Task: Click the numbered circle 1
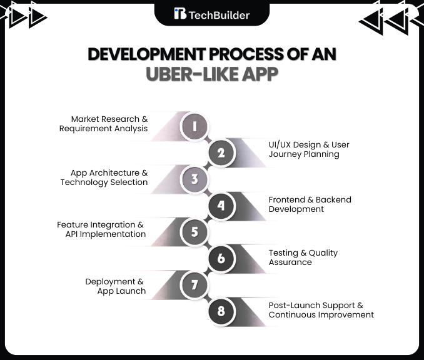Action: [194, 127]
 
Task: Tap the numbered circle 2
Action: [221, 153]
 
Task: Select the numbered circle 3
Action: [194, 180]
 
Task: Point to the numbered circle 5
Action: [194, 232]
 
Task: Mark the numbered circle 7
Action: [194, 286]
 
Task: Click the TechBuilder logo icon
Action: [180, 14]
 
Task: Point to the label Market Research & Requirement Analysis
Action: [104, 124]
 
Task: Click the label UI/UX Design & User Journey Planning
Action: [309, 149]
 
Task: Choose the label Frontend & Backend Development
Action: [310, 204]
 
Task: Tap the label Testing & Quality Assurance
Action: [303, 257]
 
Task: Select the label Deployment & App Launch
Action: [116, 286]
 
